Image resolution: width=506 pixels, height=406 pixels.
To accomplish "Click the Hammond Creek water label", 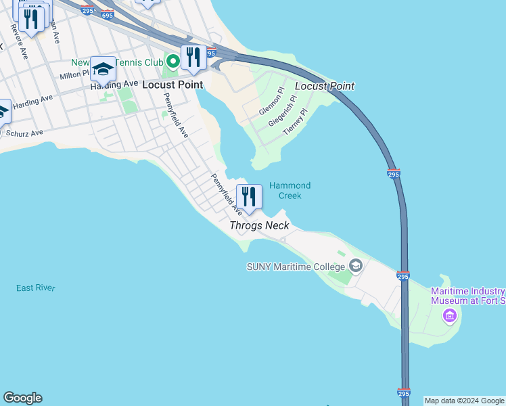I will (290, 190).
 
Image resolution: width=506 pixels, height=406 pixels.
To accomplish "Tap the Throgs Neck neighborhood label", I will (259, 225).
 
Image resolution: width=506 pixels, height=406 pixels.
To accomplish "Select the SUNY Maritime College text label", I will (296, 267).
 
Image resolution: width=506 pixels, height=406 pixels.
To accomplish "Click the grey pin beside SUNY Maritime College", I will (356, 266).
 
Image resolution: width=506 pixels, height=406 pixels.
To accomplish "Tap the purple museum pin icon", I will (449, 315).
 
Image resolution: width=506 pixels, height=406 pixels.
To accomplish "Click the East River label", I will (36, 288).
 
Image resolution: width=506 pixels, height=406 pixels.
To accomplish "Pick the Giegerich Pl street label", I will (283, 111).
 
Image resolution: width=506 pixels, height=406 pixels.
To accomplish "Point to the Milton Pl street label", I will (75, 76).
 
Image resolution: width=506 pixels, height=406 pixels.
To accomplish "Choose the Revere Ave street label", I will (18, 43).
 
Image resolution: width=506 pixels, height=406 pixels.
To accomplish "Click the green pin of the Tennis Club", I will (173, 62).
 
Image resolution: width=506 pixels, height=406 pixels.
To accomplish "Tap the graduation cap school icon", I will (103, 69).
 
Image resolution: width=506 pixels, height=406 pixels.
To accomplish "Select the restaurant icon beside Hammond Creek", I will (249, 196).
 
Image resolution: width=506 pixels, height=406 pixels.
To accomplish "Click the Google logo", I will (22, 398).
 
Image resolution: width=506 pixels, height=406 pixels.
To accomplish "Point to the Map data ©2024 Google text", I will (465, 401).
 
